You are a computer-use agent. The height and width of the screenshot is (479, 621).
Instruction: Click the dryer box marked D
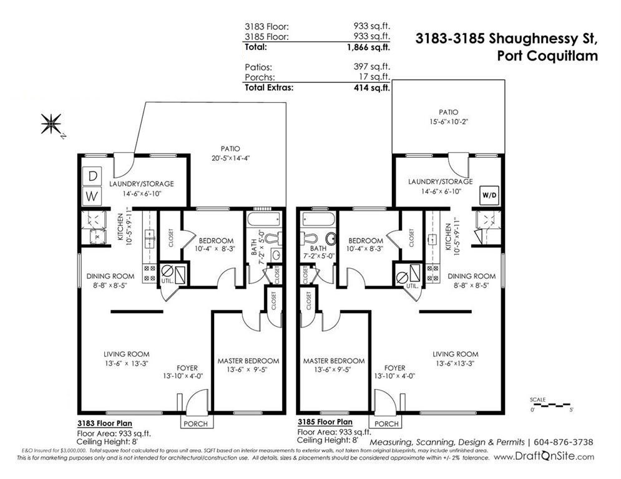tap(92, 176)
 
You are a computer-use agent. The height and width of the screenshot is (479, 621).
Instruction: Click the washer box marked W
tap(92, 196)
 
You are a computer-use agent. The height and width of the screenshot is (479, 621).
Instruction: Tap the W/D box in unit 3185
tap(489, 195)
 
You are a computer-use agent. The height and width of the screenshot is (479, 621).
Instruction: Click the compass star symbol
tap(51, 124)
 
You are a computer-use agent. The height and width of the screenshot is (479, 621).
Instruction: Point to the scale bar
tap(550, 405)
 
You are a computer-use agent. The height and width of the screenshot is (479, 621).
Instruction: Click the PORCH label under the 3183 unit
tap(195, 423)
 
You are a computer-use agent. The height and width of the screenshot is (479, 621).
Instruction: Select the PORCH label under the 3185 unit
tap(386, 423)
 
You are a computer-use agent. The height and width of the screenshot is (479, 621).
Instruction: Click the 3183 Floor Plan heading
tap(105, 423)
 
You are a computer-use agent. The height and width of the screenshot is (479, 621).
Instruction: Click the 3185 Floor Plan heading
tap(325, 422)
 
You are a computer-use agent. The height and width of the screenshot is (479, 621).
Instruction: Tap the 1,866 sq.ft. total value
tap(368, 47)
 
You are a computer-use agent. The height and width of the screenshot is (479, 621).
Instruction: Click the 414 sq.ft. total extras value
tap(371, 87)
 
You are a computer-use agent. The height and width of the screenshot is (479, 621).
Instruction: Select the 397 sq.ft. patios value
tap(371, 67)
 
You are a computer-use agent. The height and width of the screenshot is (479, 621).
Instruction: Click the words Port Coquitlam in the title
tap(547, 56)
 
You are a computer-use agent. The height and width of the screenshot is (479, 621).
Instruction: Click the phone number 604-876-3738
tap(564, 442)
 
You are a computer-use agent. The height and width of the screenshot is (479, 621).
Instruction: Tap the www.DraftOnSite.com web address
tap(544, 457)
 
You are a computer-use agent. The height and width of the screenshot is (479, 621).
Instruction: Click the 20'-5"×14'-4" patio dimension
tap(230, 158)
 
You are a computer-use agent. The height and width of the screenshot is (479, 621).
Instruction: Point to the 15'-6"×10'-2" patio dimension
tap(448, 122)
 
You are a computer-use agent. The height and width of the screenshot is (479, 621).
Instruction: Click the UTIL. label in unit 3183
tap(167, 281)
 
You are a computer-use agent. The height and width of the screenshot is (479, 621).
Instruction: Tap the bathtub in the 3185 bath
tap(318, 218)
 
